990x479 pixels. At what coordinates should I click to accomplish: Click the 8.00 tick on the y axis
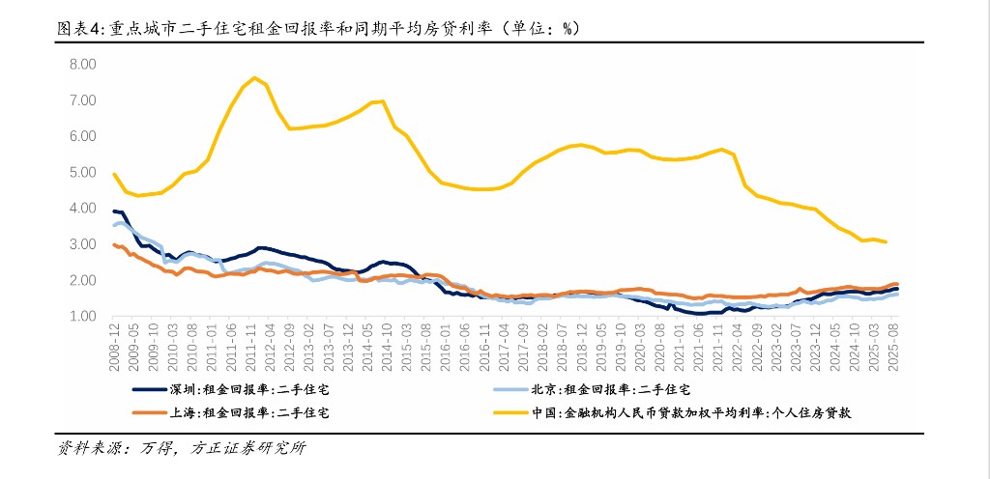82,64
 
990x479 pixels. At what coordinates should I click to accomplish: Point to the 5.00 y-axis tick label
82,172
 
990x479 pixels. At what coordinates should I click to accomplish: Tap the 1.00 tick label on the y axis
82,317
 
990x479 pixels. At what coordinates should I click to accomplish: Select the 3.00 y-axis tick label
82,244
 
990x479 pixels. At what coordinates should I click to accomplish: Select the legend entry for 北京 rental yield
614,390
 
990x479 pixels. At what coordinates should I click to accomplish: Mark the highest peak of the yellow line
253,77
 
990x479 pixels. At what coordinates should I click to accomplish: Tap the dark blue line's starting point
114,211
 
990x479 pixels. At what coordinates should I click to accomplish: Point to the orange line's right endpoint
896,284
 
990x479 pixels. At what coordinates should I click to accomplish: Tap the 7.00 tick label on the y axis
82,99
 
